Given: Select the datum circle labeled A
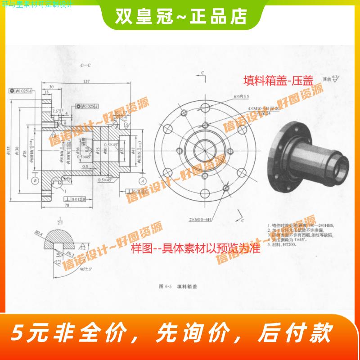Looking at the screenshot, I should [142, 180].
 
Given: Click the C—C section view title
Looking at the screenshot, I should [85, 66].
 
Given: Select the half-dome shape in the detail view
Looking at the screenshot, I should [60, 234].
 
